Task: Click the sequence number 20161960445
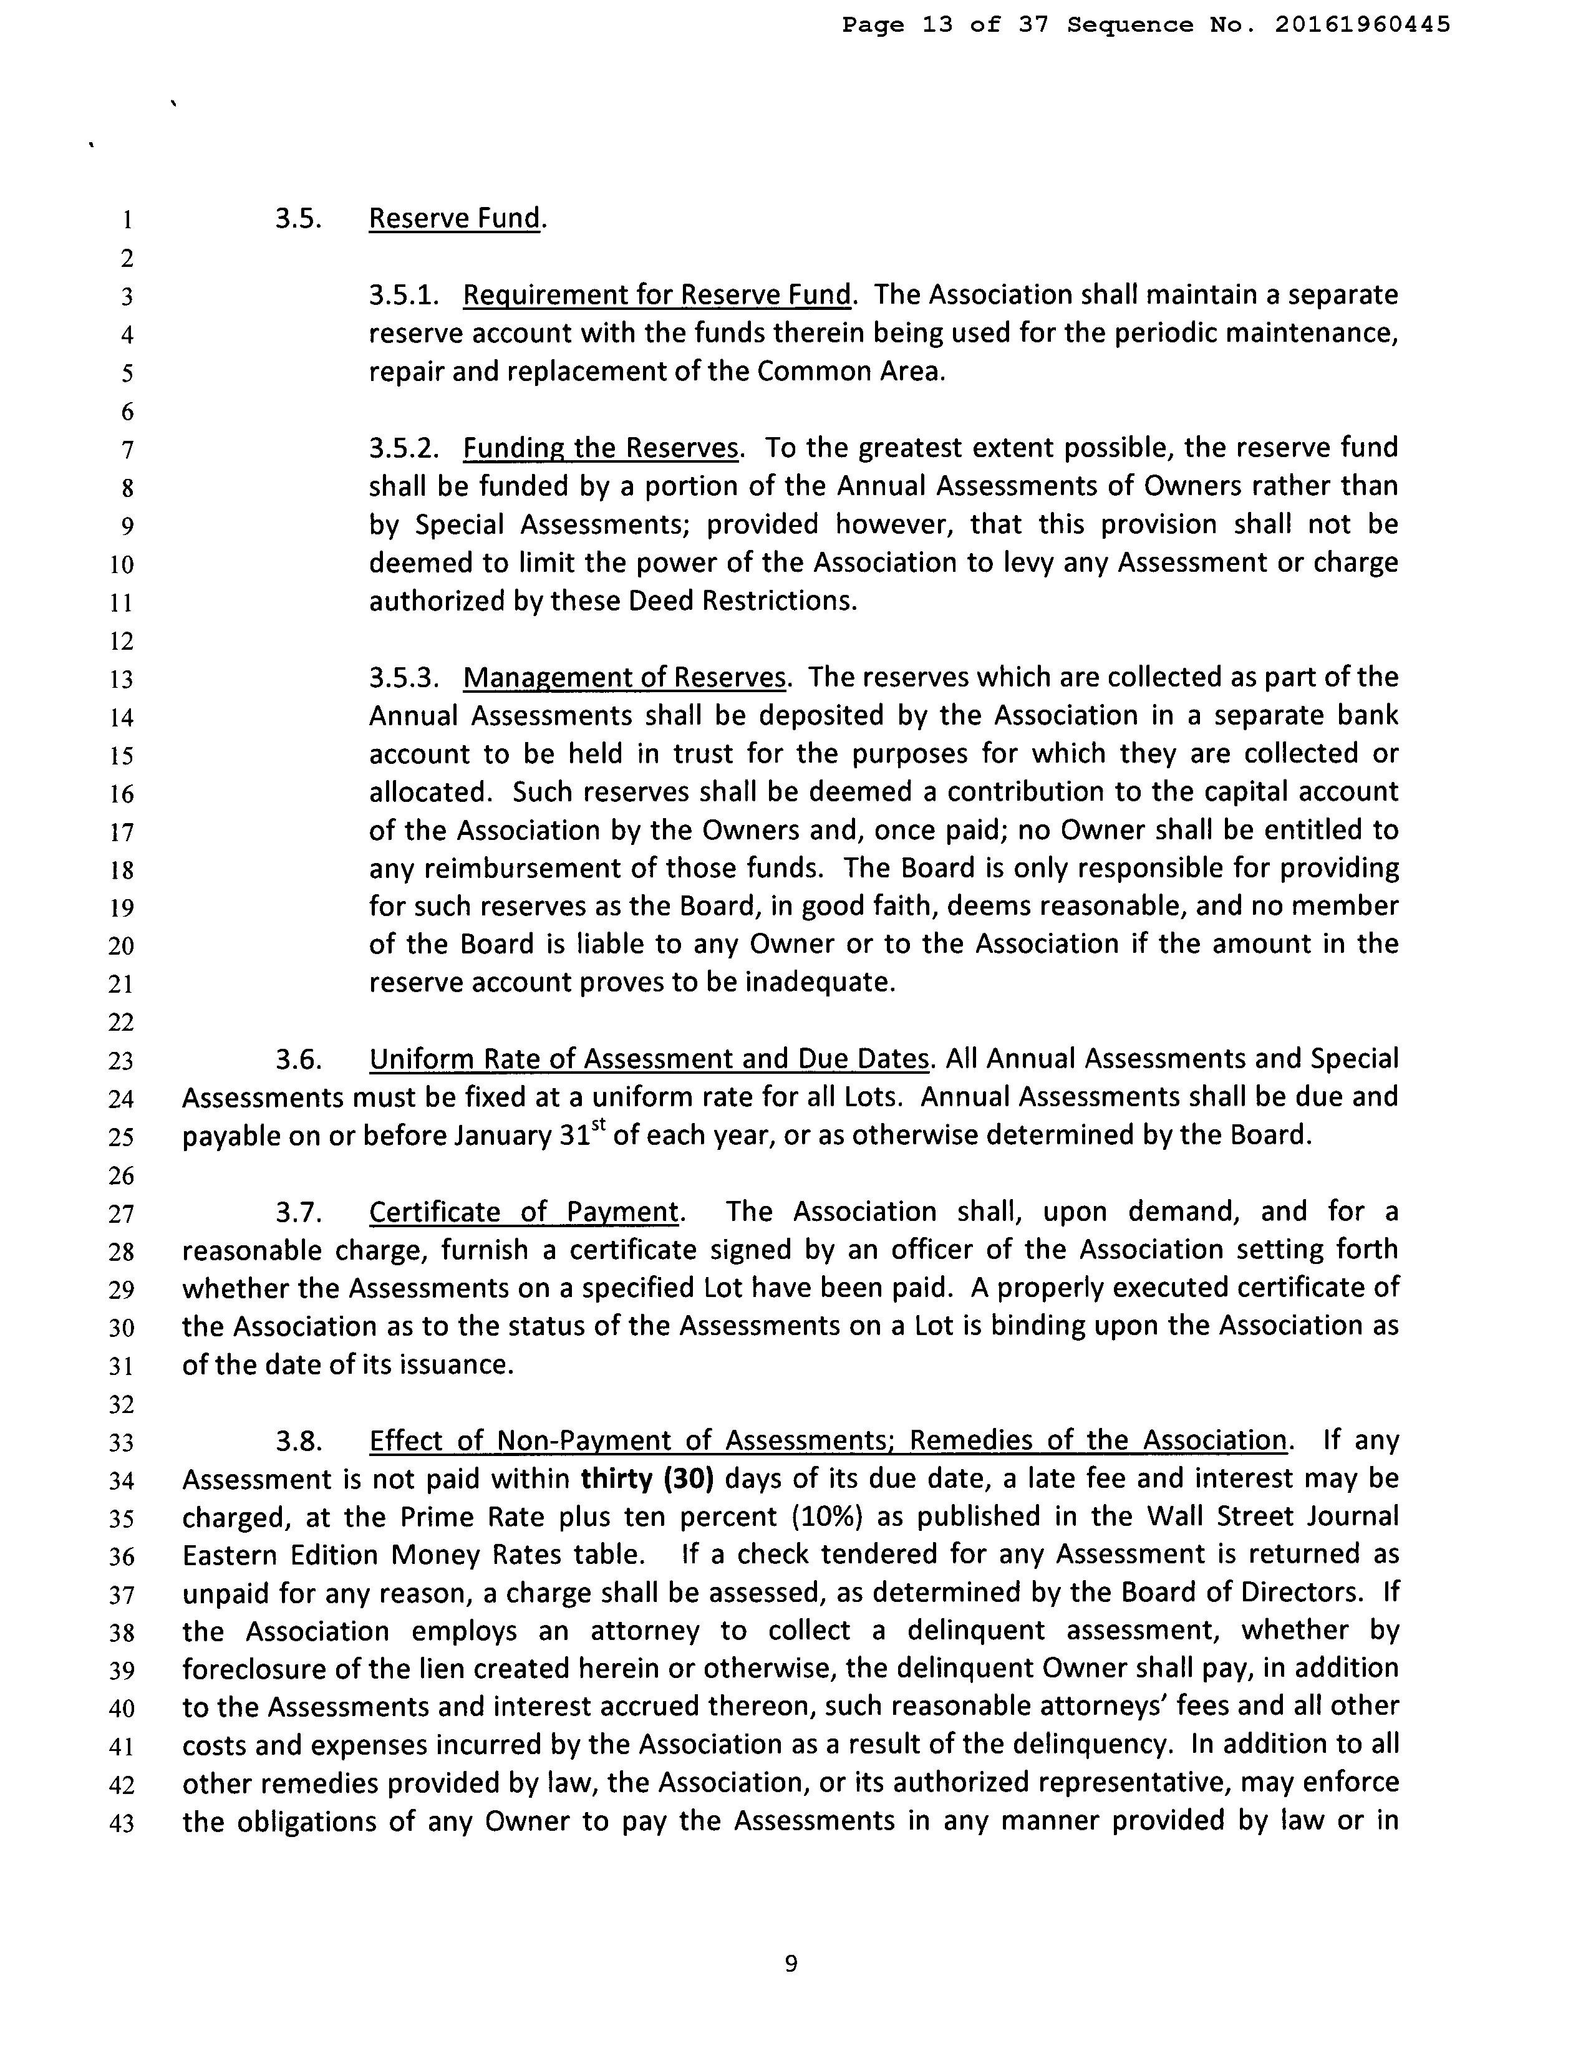[1362, 25]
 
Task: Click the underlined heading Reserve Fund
[454, 219]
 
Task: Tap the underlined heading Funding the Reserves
[600, 448]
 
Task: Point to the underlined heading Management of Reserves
[624, 677]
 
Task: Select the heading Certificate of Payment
[523, 1212]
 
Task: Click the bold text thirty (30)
[646, 1479]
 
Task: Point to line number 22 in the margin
[122, 1022]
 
